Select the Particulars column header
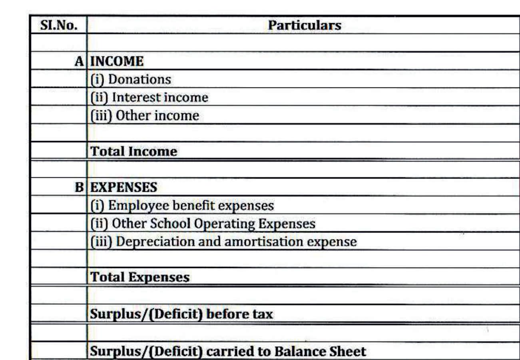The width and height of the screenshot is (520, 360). [304, 25]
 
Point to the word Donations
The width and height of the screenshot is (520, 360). [139, 79]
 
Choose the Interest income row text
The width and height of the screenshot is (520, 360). [149, 97]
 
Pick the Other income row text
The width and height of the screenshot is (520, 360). [144, 116]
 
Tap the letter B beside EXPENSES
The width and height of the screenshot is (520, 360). [80, 187]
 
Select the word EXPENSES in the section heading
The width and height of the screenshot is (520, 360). [124, 187]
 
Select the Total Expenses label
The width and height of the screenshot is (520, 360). [140, 277]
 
